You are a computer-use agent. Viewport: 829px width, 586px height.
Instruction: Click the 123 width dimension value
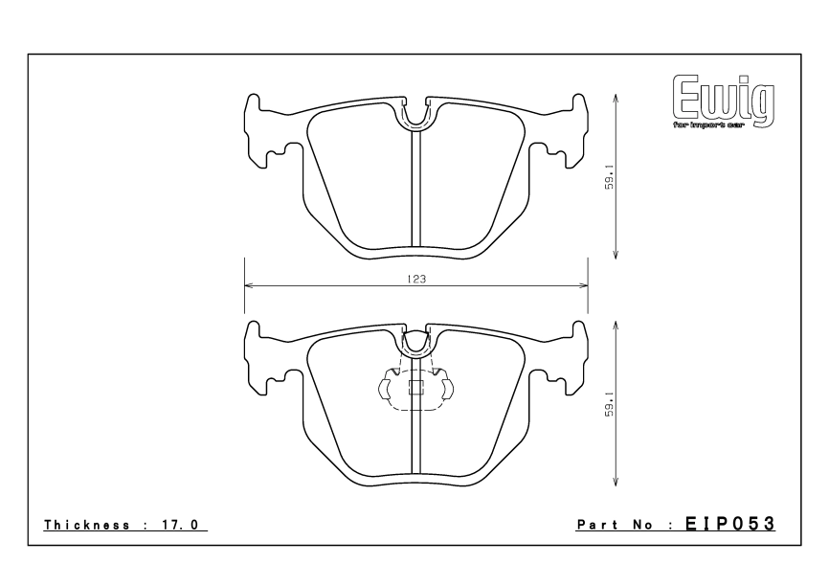(x=415, y=279)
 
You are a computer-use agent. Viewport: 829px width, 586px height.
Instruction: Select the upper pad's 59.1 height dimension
(x=609, y=177)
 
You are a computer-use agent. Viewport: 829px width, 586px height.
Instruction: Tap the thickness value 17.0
(x=185, y=525)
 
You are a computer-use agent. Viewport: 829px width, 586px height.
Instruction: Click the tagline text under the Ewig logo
(x=709, y=124)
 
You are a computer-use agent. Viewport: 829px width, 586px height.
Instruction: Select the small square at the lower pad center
(x=415, y=388)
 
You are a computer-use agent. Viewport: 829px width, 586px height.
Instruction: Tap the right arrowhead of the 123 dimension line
(x=582, y=285)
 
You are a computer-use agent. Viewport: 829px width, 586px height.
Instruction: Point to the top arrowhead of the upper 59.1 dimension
(x=615, y=98)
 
